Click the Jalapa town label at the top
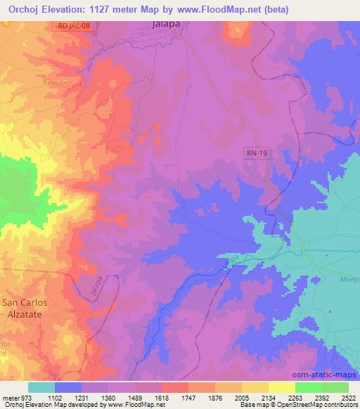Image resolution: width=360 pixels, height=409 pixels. [x=168, y=25]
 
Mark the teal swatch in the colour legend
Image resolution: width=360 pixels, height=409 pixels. [x=41, y=387]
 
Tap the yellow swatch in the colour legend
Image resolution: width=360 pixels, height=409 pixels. [x=281, y=387]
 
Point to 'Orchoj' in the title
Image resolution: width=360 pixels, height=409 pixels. [x=25, y=8]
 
